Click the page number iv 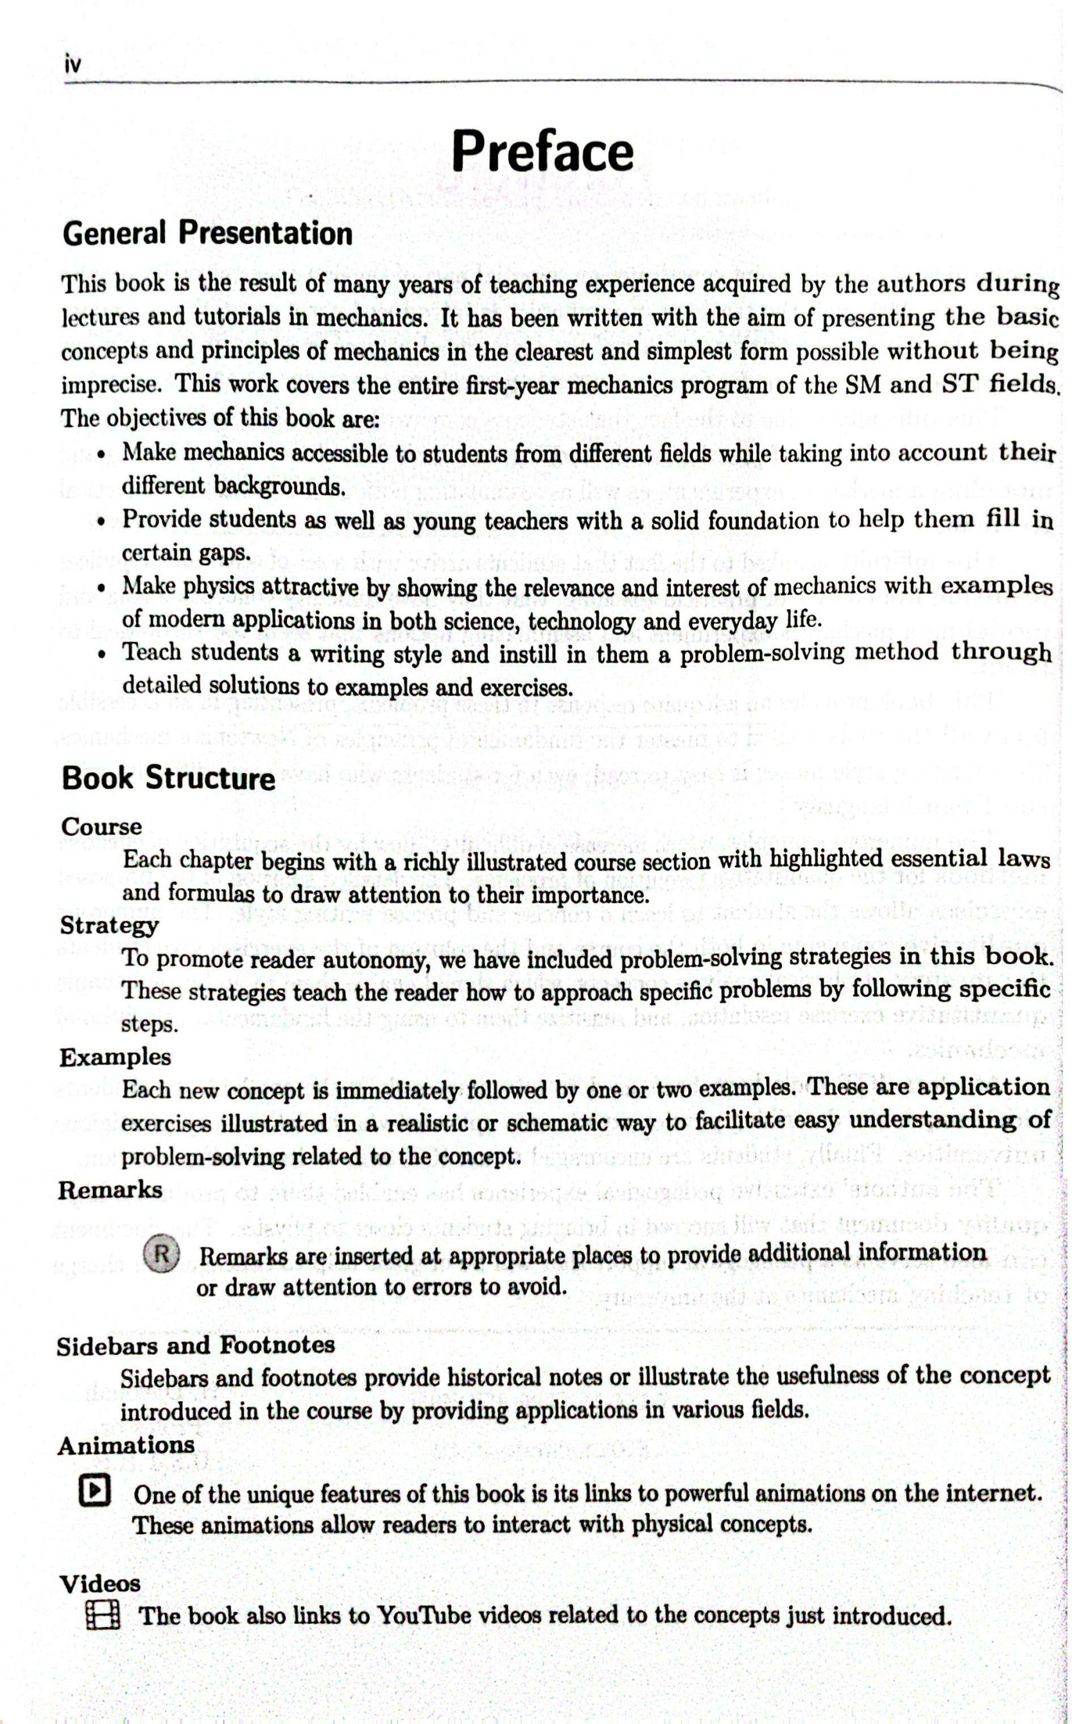tap(72, 65)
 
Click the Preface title tap(542, 151)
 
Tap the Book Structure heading tap(168, 778)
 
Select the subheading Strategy tap(109, 926)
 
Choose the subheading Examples tap(115, 1058)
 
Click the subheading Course tap(102, 826)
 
